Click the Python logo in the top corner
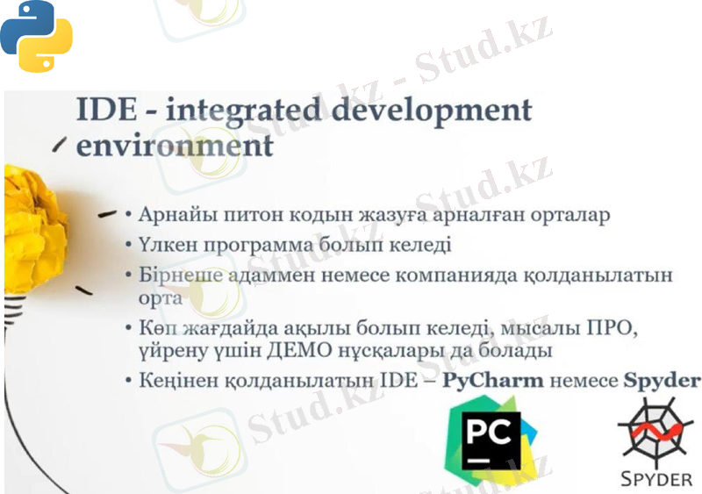click(36, 36)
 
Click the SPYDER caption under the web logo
click(655, 479)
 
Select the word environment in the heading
click(175, 145)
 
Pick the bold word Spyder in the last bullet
click(662, 381)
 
